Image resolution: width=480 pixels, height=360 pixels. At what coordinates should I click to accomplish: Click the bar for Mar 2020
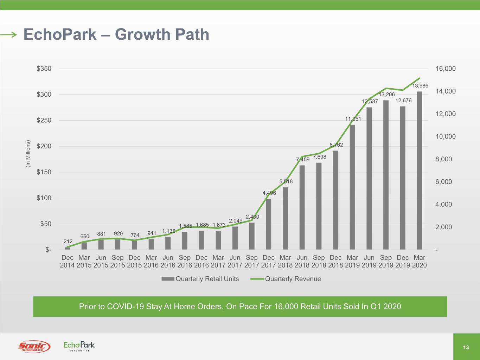click(x=420, y=171)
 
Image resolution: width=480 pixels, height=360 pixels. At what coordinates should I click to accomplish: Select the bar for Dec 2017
click(x=269, y=224)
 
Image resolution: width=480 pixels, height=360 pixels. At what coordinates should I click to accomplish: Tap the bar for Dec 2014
click(x=68, y=248)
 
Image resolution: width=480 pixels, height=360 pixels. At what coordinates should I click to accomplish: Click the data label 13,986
click(x=420, y=86)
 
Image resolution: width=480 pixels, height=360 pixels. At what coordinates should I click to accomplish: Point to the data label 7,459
click(x=303, y=159)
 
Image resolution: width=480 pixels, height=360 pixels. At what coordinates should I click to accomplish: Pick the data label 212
click(x=68, y=242)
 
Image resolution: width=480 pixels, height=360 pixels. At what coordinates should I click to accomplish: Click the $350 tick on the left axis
click(x=44, y=69)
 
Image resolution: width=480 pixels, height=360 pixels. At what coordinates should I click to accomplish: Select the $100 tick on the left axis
click(x=44, y=198)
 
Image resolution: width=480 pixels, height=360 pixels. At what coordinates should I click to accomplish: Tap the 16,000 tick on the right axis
click(x=445, y=69)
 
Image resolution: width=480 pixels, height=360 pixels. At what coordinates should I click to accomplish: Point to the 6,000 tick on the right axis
click(x=443, y=182)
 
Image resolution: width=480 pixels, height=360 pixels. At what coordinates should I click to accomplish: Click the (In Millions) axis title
click(x=28, y=154)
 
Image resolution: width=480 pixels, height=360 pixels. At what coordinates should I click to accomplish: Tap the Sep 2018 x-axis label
click(x=319, y=261)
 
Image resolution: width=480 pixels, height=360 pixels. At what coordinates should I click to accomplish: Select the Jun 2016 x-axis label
click(x=168, y=261)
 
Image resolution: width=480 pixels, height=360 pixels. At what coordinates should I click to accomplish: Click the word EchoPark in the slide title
click(x=60, y=34)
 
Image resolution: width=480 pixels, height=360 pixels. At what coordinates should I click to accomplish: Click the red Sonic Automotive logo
click(x=34, y=347)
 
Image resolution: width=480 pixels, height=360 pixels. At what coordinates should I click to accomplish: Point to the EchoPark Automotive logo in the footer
click(x=79, y=346)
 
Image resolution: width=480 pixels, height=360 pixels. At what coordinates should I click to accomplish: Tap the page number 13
click(x=466, y=347)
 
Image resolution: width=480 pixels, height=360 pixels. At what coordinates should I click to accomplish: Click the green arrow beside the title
click(x=9, y=34)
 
